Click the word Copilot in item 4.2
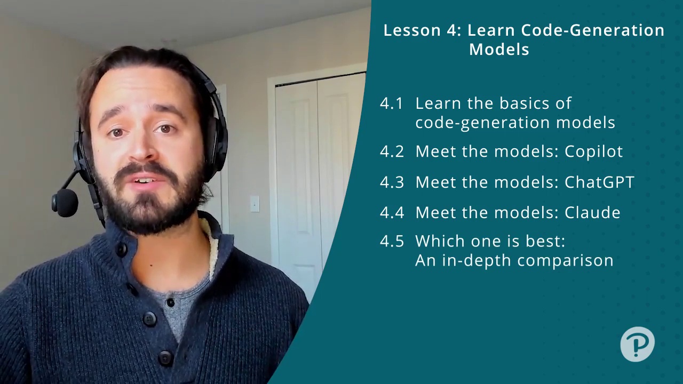click(593, 151)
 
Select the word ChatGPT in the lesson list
click(599, 182)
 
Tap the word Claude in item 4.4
click(592, 212)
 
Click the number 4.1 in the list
click(392, 103)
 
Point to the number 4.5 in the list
click(392, 241)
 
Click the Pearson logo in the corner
click(637, 344)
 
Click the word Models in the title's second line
click(499, 50)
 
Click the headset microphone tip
click(65, 202)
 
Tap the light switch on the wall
click(255, 204)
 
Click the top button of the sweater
click(122, 250)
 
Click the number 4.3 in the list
click(392, 182)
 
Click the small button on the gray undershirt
click(171, 302)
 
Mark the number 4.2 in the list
click(392, 152)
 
